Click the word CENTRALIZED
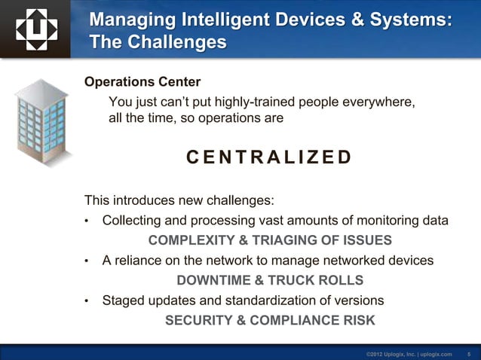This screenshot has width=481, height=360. [x=268, y=157]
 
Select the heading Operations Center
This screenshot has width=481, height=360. [x=142, y=81]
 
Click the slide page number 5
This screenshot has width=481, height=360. [x=469, y=353]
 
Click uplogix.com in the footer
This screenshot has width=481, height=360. [x=438, y=353]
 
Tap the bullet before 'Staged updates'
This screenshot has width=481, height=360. [x=87, y=301]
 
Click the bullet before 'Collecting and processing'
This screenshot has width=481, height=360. [x=87, y=221]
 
